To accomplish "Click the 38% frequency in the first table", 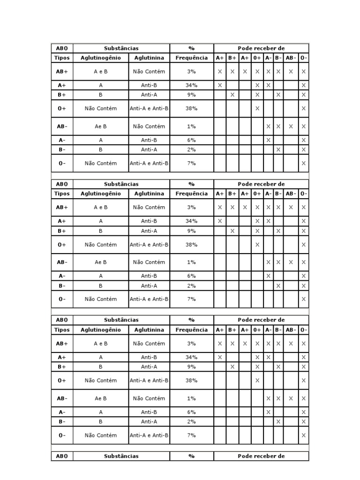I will (x=191, y=108).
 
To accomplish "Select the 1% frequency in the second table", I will (x=191, y=262).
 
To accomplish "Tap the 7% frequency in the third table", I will (x=191, y=435).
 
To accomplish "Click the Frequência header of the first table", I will (x=191, y=58).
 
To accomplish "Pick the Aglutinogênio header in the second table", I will (x=100, y=194).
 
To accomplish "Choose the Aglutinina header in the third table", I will (x=149, y=330).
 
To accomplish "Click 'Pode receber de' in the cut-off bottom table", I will (x=261, y=456).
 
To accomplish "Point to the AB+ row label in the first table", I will (x=62, y=72).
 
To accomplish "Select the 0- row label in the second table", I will (x=62, y=299).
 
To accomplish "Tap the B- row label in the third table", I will (x=62, y=421).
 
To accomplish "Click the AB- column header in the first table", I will (x=291, y=58).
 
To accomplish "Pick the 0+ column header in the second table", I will (x=257, y=194).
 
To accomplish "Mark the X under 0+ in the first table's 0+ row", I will (x=257, y=108).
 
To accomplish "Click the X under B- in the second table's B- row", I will (x=278, y=285).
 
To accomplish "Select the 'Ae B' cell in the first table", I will (x=100, y=127).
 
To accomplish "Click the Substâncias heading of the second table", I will (x=121, y=184).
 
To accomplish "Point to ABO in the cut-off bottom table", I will (x=62, y=456).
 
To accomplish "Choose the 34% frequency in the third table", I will (x=191, y=357).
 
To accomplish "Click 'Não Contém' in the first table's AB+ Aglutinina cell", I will (x=149, y=72).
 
